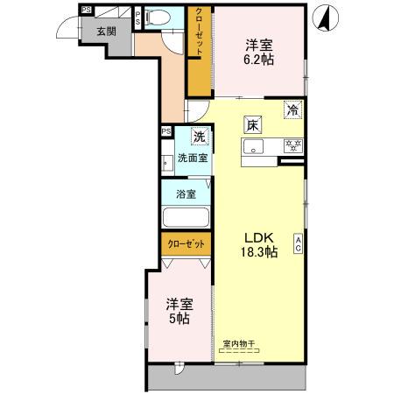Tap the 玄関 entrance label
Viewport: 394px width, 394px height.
click(106, 31)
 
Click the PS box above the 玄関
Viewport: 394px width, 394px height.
click(86, 11)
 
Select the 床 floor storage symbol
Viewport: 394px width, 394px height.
click(251, 124)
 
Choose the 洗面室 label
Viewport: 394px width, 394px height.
click(193, 158)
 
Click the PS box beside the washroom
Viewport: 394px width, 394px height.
click(165, 132)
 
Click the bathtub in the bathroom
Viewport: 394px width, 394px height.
click(185, 218)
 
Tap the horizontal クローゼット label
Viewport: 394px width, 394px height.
click(185, 244)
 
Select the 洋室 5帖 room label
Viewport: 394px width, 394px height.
click(179, 311)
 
